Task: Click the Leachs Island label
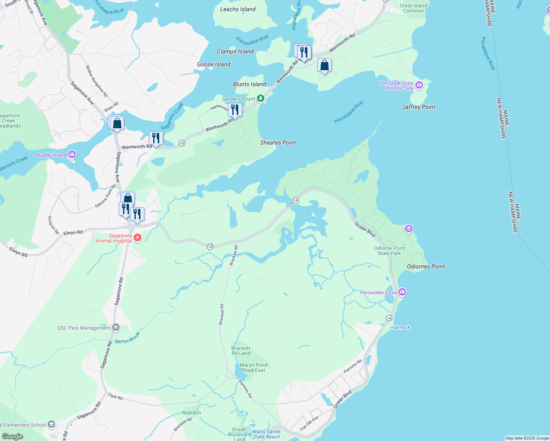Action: (x=238, y=9)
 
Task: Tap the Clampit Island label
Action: (x=235, y=51)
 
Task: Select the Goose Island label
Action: (x=214, y=64)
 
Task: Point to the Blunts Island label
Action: (x=250, y=84)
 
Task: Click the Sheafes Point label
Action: (x=278, y=143)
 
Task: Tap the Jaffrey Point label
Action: (x=418, y=107)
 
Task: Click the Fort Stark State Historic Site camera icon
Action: (x=419, y=86)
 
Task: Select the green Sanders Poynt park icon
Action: (x=261, y=98)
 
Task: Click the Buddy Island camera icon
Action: (x=72, y=155)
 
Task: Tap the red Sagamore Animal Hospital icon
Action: (x=137, y=238)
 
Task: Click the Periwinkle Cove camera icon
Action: (x=402, y=292)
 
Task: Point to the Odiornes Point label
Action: (x=426, y=266)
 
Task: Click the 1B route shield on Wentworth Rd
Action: (x=182, y=143)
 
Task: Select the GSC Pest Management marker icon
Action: (x=116, y=327)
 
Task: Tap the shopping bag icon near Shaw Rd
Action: (x=117, y=123)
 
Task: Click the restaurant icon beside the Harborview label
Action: (x=235, y=110)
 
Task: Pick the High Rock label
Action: (x=400, y=327)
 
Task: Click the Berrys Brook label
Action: (x=128, y=338)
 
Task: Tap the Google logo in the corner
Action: (x=12, y=437)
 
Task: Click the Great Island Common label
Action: (x=413, y=8)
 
